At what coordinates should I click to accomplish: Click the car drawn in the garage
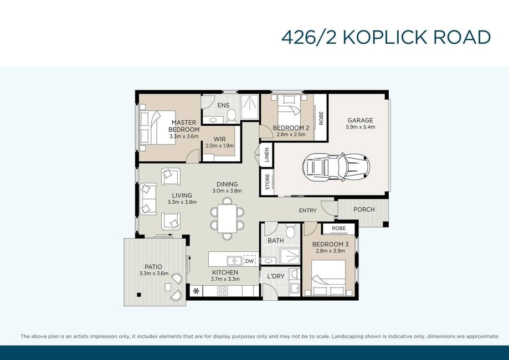pos(336,167)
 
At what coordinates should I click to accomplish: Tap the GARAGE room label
pos(360,120)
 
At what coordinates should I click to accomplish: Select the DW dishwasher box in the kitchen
pos(249,261)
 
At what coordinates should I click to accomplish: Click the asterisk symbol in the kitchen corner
pos(196,291)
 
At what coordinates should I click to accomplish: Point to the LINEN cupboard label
pos(267,155)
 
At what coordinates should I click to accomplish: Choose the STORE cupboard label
pos(268,182)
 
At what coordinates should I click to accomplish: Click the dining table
pos(227,218)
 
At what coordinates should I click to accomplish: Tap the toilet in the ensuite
pos(231,116)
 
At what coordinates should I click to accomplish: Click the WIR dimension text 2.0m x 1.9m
pos(219,146)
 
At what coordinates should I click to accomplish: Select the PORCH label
pos(364,209)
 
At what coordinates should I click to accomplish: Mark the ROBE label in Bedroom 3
pos(338,228)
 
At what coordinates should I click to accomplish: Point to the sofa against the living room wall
pos(148,199)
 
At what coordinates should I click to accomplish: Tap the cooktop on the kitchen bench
pos(223,291)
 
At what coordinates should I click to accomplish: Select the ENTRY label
pos(307,210)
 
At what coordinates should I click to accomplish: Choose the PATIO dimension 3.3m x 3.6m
pos(154,274)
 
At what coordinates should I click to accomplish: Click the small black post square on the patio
pos(138,295)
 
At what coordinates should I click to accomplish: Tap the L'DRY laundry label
pos(276,276)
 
